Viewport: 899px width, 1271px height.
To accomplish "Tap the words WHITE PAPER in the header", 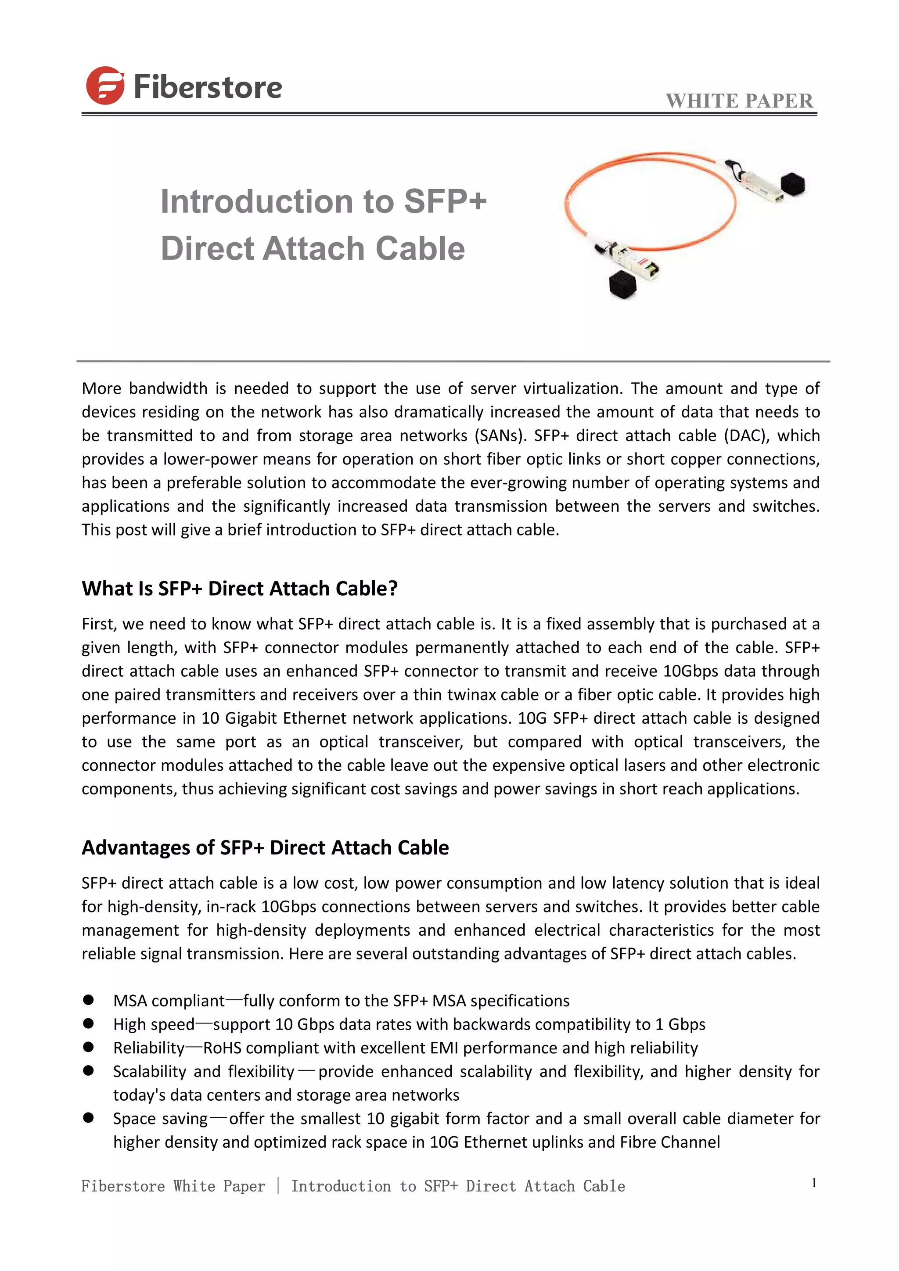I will [739, 101].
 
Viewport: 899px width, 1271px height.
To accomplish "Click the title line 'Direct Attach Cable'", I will [313, 248].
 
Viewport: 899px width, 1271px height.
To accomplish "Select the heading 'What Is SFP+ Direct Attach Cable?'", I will [240, 588].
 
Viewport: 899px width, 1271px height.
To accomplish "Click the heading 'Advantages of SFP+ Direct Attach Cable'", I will [265, 847].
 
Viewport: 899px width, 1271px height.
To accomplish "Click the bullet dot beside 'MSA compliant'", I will [89, 1000].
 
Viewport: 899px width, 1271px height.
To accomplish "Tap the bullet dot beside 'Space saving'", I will [89, 1118].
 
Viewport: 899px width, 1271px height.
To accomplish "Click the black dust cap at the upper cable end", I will [792, 184].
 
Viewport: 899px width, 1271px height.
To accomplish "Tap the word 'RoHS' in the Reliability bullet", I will [223, 1048].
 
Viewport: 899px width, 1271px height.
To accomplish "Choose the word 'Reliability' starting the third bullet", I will [149, 1048].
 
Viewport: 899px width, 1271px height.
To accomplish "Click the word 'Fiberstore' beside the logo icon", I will [208, 87].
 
